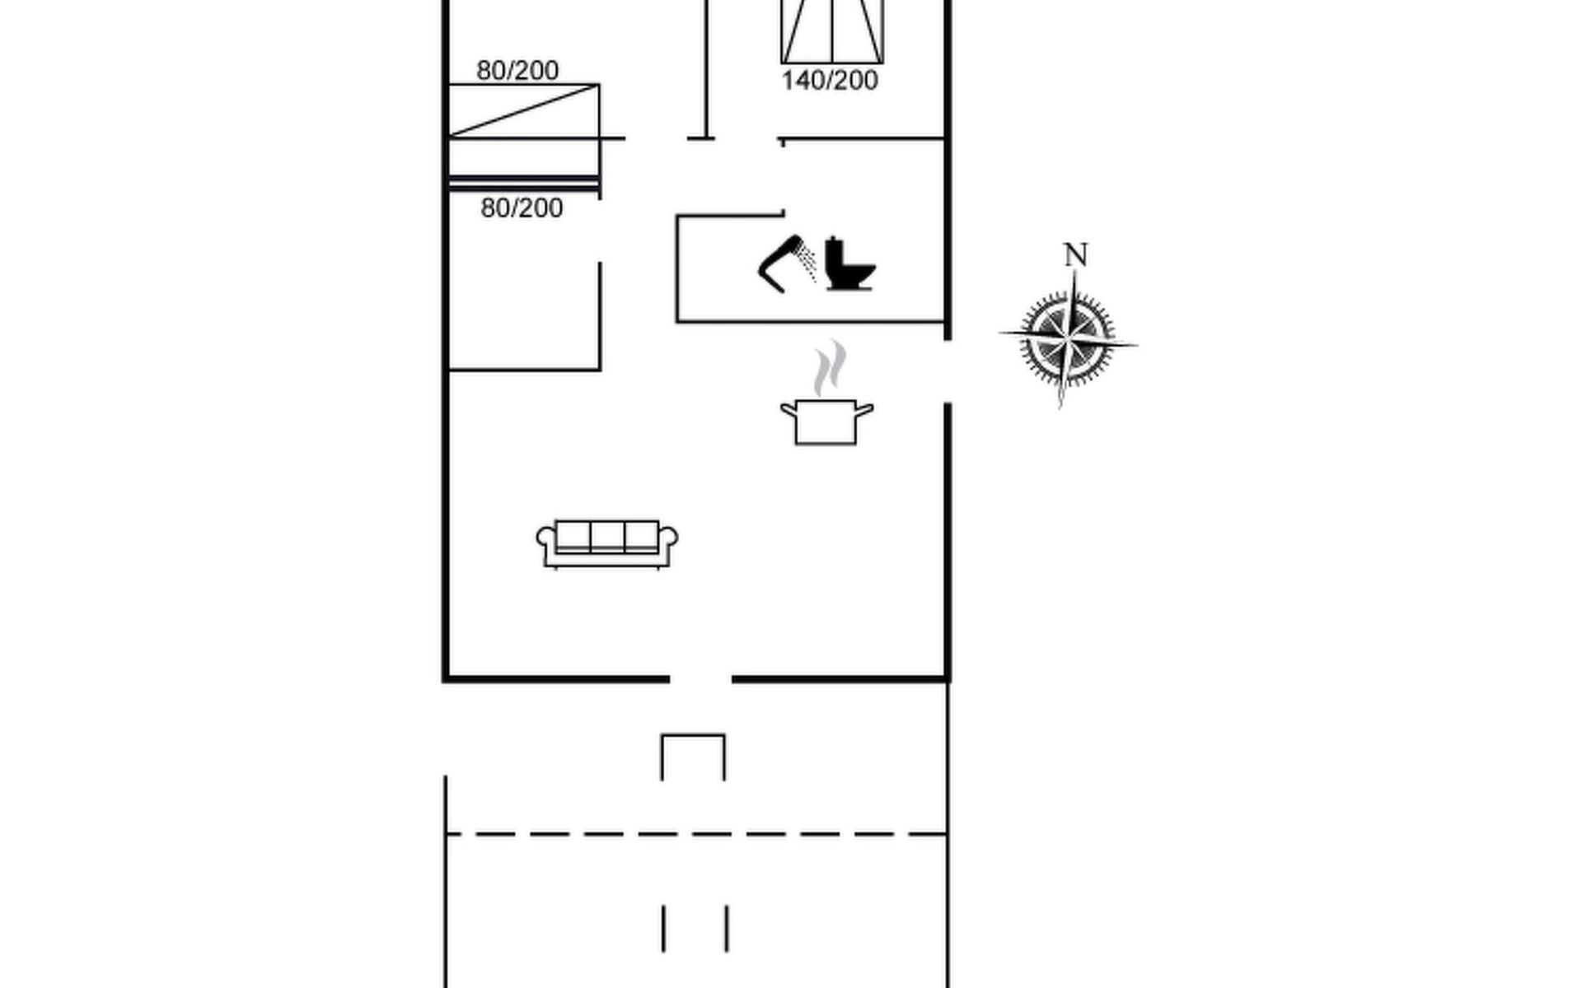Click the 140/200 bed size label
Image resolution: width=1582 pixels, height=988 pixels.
[x=830, y=81]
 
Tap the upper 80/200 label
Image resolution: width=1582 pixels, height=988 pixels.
[x=517, y=71]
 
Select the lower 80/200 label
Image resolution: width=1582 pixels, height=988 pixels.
[x=522, y=207]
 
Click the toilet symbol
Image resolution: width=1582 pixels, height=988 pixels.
[x=850, y=263]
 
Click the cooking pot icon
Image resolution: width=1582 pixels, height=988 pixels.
[x=826, y=422]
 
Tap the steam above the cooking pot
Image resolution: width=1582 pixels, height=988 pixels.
[x=830, y=368]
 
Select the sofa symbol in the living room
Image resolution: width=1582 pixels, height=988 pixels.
[x=607, y=543]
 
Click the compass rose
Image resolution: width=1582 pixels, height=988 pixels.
[x=1068, y=338]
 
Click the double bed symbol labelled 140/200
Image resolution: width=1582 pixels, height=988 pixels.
[x=832, y=31]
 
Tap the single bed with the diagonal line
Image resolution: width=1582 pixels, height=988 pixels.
[x=524, y=110]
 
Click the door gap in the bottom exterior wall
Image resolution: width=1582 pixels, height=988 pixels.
[x=700, y=679]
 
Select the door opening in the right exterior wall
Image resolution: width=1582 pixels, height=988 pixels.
[x=948, y=371]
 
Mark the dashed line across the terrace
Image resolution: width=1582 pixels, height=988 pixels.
[x=696, y=834]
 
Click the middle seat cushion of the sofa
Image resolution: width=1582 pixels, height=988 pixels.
[x=607, y=536]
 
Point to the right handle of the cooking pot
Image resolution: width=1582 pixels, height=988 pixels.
[x=864, y=410]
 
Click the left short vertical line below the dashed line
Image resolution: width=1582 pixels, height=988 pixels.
[x=663, y=929]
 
